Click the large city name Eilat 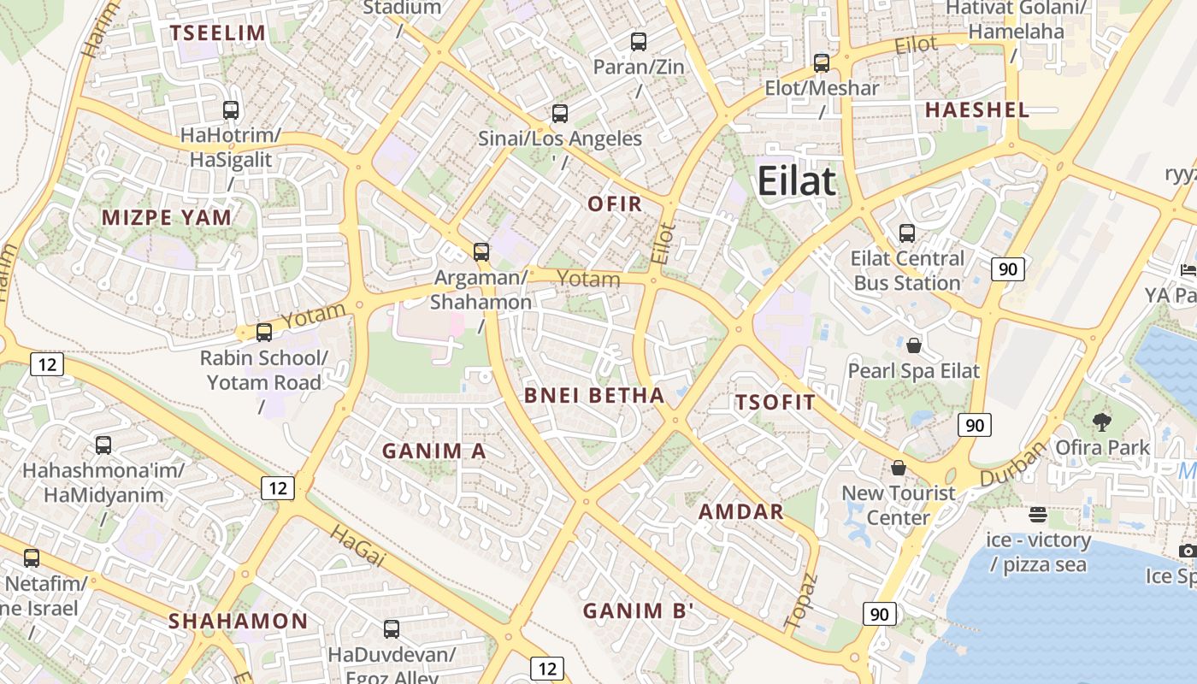coord(796,181)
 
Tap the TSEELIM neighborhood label coord(218,33)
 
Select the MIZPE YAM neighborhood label coord(167,217)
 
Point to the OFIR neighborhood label coord(615,203)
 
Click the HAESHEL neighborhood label coord(976,109)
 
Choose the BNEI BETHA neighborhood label coord(594,395)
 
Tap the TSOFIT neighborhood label coord(775,402)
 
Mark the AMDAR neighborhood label coord(741,511)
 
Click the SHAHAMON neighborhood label coord(238,621)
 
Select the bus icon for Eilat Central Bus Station coord(907,233)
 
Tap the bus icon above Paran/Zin coord(639,41)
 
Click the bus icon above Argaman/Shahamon coord(481,251)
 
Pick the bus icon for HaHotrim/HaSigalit coord(231,109)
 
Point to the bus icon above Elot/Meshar coord(822,62)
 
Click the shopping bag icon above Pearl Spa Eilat coord(914,345)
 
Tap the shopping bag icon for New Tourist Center coord(899,468)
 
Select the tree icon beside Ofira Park coord(1102,422)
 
